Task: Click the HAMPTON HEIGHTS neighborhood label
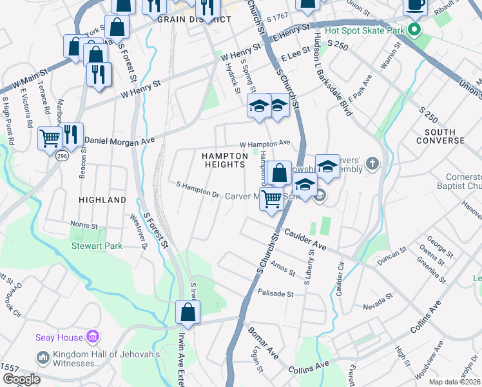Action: (x=224, y=160)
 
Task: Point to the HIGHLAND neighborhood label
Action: (x=102, y=200)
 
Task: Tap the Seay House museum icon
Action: (x=93, y=337)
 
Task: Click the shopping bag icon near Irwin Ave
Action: (x=188, y=312)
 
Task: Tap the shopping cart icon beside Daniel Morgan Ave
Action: (x=50, y=137)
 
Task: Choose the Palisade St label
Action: (x=275, y=293)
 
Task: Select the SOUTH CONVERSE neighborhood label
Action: (x=436, y=136)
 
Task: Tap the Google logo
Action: (x=21, y=379)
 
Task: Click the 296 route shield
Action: (x=62, y=156)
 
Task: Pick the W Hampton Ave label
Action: (x=265, y=144)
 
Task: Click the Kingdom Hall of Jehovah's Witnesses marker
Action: (x=43, y=357)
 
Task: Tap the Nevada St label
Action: (x=378, y=301)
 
